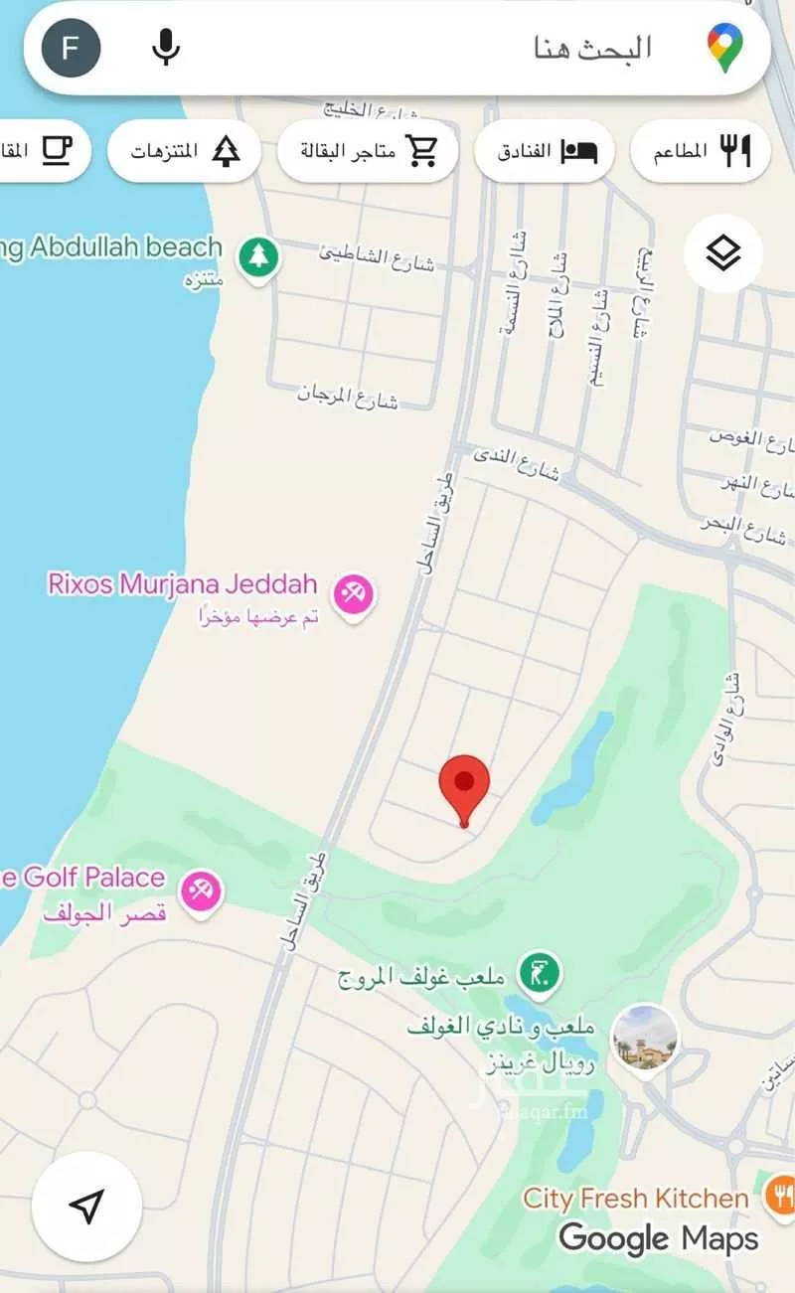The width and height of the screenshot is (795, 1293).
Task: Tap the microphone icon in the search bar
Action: tap(166, 47)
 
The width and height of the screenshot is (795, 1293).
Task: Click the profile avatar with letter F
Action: tap(72, 48)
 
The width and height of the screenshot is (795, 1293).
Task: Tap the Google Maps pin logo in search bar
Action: tap(726, 48)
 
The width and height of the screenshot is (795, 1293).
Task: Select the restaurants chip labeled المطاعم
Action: tap(700, 151)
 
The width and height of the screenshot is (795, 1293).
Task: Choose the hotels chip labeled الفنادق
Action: tap(544, 151)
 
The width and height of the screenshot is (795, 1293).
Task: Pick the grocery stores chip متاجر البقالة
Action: tap(368, 151)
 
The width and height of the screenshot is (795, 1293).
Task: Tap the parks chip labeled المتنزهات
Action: tap(184, 151)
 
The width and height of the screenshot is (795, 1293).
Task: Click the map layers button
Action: tap(723, 254)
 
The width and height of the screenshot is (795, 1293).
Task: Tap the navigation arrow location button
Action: tap(86, 1207)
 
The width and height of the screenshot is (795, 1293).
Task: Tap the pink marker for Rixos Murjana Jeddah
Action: tap(351, 594)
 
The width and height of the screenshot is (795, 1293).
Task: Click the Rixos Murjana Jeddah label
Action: tap(182, 583)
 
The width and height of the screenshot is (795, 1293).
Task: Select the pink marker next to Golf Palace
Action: tap(202, 889)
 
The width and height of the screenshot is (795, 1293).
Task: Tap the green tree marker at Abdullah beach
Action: tap(258, 257)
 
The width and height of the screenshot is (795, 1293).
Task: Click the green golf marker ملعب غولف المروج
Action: tap(542, 972)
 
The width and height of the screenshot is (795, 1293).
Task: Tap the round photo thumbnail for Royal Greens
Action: tap(645, 1039)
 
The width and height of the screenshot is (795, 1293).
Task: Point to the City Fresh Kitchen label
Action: tap(636, 1199)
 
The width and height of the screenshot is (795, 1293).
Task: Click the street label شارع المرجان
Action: tap(348, 396)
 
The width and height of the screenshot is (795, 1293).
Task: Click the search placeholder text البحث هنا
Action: tap(592, 48)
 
